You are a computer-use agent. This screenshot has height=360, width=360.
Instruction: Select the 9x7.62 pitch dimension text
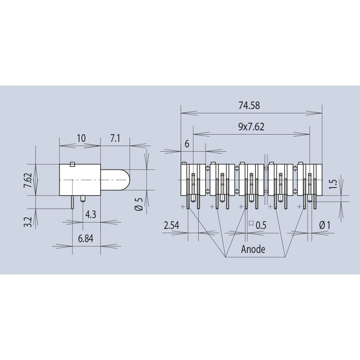pos(251,127)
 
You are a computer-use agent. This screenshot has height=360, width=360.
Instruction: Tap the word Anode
pos(253,249)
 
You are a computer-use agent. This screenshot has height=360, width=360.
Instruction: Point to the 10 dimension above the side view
pos(81,138)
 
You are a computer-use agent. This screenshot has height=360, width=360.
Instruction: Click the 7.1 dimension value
pos(115,138)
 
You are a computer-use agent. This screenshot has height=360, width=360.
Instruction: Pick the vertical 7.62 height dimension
pos(28,180)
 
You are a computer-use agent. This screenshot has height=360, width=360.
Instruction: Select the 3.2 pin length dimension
pos(28,222)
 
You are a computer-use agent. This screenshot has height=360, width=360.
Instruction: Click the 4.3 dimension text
pos(90,215)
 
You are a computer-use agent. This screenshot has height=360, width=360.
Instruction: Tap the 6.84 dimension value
pos(86,239)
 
